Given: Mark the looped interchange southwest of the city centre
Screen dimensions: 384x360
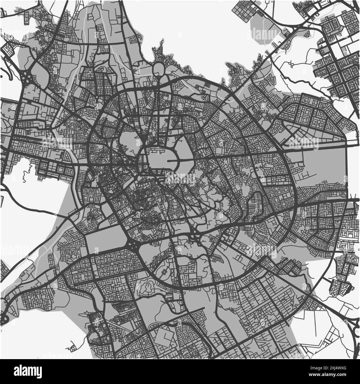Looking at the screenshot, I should pos(132,245).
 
